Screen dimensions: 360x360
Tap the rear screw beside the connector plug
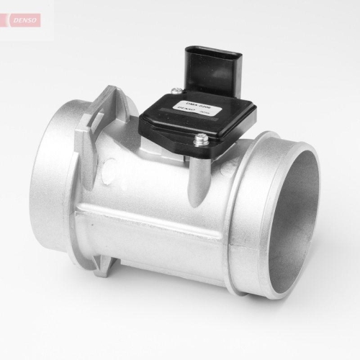point(175,91)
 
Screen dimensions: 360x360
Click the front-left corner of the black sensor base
point(144,122)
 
